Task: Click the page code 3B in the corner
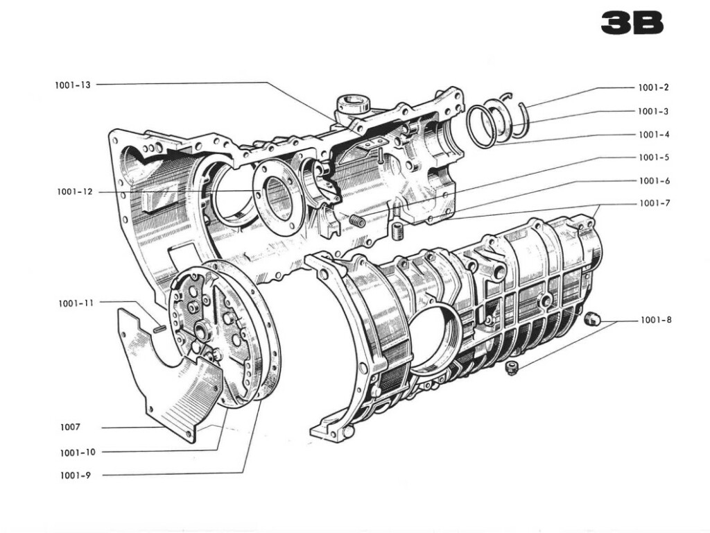click(632, 24)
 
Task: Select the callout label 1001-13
click(73, 85)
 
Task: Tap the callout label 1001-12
click(75, 192)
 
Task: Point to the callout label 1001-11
click(76, 303)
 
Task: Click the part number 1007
click(70, 427)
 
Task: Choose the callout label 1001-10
click(78, 452)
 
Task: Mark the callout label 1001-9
click(75, 475)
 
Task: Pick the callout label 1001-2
click(653, 87)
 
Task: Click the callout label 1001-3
click(653, 111)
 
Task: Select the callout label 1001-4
click(653, 134)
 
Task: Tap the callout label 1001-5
click(653, 158)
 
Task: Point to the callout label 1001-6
click(653, 180)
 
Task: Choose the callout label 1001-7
click(653, 203)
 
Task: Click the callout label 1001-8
click(655, 320)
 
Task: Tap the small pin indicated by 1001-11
click(159, 329)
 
